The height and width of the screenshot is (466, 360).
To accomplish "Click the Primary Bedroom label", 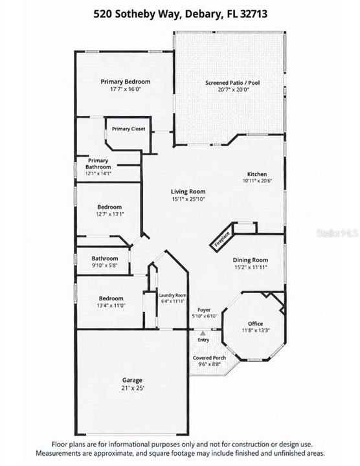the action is tap(125, 82).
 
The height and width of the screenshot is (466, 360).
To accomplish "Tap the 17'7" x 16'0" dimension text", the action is tap(125, 89).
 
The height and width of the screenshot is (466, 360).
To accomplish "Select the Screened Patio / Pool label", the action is tap(232, 83).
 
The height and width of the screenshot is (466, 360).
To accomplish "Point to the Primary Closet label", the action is tap(128, 129).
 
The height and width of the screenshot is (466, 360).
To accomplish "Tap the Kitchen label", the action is tap(257, 174).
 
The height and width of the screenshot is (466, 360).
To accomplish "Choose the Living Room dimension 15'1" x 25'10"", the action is tap(188, 199).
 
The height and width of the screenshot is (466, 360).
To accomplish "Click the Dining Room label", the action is tap(251, 260).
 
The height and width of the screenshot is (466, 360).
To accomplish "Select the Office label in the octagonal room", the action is tap(255, 324).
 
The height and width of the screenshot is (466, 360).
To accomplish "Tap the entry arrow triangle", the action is tap(203, 333).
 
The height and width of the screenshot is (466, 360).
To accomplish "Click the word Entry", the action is tap(203, 340).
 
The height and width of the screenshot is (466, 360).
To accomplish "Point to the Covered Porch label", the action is tap(209, 358).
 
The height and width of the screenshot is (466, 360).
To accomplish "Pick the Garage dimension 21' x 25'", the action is tap(132, 388).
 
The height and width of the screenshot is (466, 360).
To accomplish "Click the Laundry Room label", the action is tap(172, 295).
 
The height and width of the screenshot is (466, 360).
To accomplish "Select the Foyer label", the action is tap(204, 310).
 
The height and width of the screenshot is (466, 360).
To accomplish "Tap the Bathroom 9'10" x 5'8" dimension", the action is tap(105, 265).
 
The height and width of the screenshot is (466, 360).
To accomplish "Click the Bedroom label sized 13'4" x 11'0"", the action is tap(111, 298).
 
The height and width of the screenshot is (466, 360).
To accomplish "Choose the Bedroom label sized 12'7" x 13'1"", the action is tap(109, 207).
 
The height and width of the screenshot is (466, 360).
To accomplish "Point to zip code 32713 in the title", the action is tap(253, 14).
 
